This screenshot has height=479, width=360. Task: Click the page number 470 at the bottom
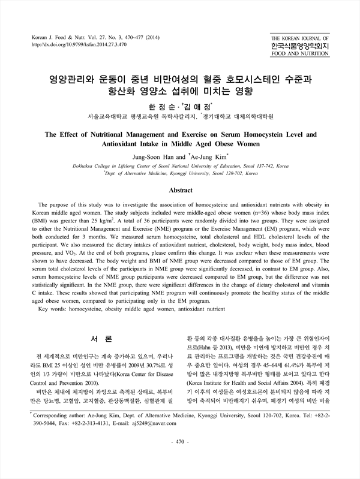180,459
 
